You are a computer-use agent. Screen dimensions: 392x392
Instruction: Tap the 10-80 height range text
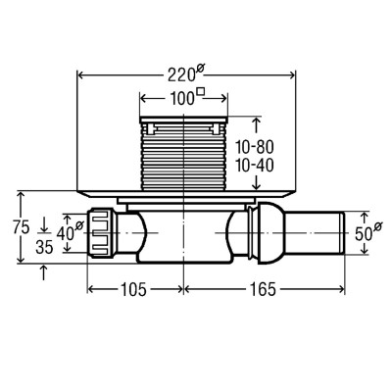[x=255, y=148]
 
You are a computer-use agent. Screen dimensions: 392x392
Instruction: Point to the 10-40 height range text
[x=255, y=166]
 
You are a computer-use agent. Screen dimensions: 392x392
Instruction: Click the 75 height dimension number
[x=22, y=227]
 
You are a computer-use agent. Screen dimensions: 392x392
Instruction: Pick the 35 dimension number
[x=44, y=248]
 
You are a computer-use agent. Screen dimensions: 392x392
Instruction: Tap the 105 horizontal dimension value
[x=133, y=289]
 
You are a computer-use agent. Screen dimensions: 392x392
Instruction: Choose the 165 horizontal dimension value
[x=263, y=289]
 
